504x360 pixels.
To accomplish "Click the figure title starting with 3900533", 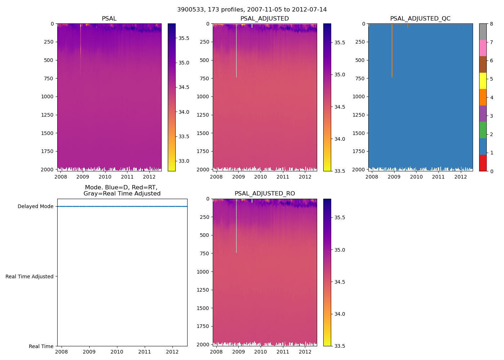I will [252, 10].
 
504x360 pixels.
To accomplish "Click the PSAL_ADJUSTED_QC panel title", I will [420, 19].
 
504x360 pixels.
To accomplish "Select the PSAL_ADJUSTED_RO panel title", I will [265, 194].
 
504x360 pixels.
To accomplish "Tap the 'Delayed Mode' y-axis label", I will [35, 206].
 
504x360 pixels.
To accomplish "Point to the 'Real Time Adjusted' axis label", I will [30, 276].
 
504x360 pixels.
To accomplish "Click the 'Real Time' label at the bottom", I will [41, 346].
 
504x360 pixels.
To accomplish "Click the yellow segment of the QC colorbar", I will [483, 81].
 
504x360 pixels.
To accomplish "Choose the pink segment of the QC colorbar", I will [483, 48].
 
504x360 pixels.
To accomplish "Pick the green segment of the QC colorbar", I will [483, 130].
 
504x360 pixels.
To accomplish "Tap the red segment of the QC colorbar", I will [483, 163].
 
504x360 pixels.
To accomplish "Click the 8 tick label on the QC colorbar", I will [491, 24].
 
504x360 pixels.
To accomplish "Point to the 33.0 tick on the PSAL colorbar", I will [184, 161].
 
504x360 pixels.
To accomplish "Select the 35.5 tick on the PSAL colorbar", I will [184, 38].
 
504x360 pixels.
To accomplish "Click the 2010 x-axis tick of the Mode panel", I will [117, 352].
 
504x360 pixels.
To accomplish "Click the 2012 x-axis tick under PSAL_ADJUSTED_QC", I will [460, 177].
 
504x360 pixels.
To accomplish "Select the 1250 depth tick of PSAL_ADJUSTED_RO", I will [204, 290].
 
